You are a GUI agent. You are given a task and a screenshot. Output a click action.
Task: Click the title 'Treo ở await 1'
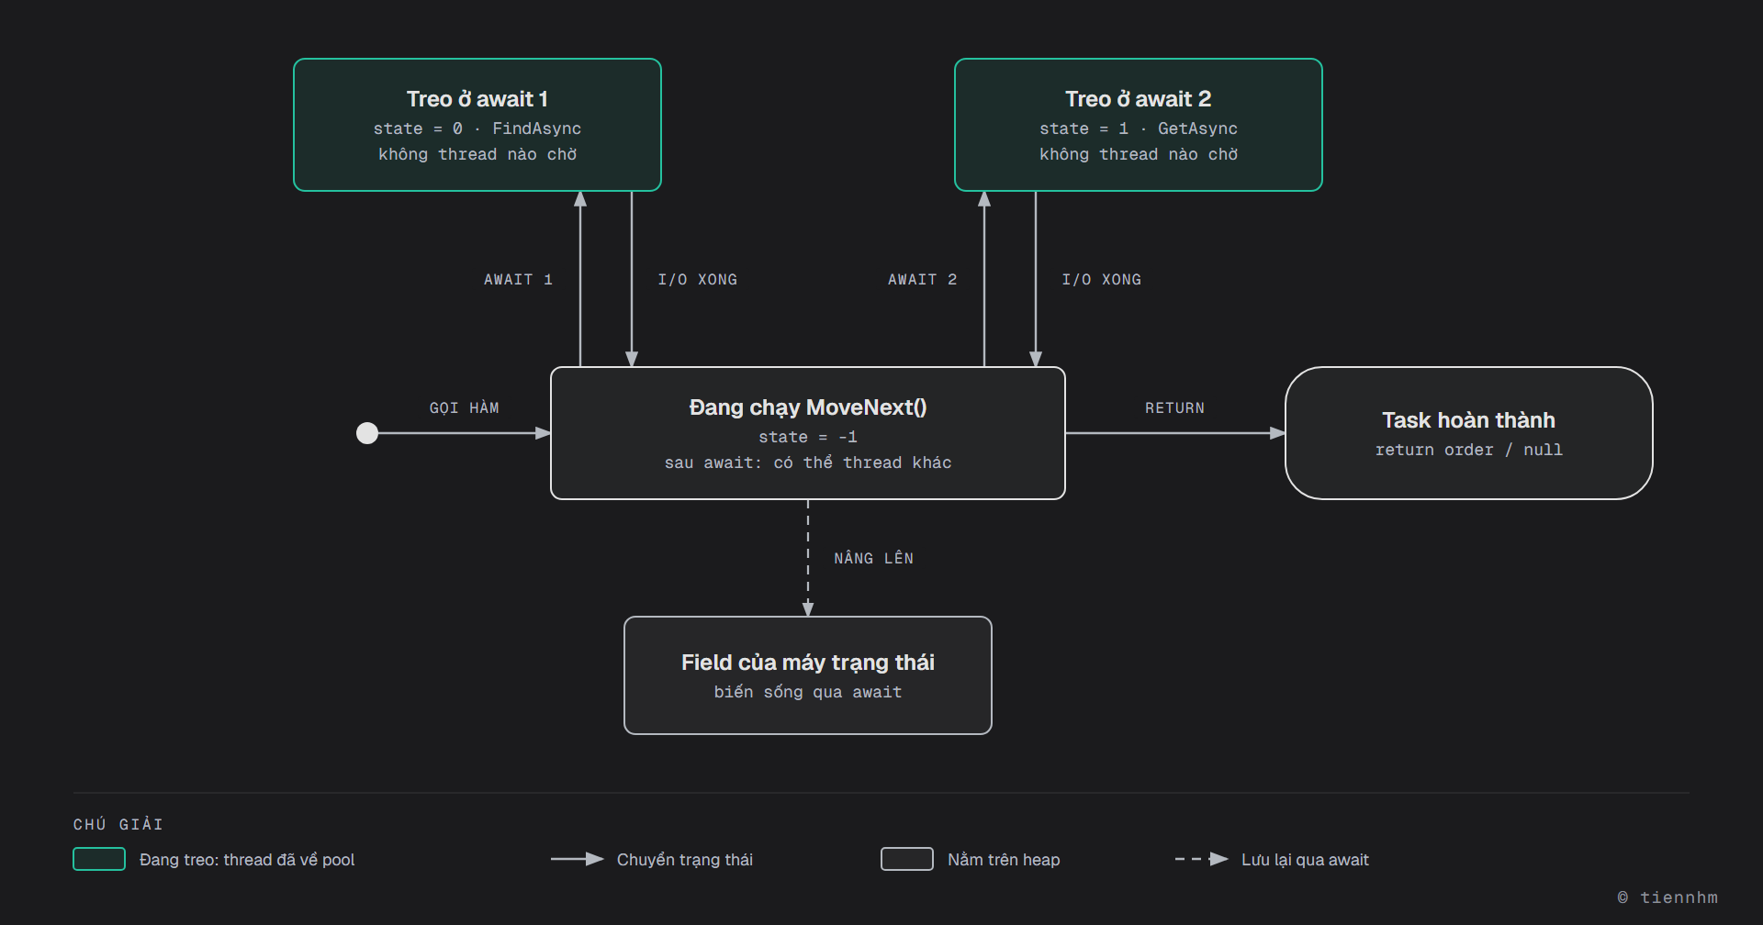click(477, 99)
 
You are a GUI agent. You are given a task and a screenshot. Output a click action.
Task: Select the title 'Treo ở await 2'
click(1139, 99)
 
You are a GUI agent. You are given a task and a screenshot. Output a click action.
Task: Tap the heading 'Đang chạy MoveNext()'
click(808, 407)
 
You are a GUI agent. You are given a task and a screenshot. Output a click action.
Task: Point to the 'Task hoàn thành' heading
click(1469, 420)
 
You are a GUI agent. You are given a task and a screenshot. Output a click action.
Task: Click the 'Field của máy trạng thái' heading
click(808, 663)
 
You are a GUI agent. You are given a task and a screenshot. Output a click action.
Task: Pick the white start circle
click(367, 433)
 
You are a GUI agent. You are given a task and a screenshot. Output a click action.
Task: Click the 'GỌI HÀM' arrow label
click(465, 407)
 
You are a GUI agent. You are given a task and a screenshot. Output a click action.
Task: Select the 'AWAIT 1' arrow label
click(519, 279)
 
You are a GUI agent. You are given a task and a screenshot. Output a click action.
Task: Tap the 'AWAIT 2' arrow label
click(923, 279)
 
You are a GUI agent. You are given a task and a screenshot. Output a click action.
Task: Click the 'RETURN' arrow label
click(1175, 407)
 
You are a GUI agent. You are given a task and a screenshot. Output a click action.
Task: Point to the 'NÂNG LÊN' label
click(874, 558)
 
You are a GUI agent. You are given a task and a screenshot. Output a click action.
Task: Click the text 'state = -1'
click(808, 437)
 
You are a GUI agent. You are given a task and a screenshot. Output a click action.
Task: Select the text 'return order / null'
click(1469, 450)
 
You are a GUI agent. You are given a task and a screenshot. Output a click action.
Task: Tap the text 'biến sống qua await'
click(808, 692)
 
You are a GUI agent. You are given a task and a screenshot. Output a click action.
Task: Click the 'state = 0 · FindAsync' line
click(477, 128)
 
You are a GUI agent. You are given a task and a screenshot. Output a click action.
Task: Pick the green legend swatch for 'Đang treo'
click(99, 859)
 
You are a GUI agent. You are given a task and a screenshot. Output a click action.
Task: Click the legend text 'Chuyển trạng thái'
click(685, 860)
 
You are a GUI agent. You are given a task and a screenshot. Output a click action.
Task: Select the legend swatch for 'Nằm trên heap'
click(907, 859)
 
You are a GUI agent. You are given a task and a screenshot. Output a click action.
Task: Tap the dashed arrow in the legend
click(1202, 859)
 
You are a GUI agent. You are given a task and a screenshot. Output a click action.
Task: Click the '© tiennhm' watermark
click(1668, 897)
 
